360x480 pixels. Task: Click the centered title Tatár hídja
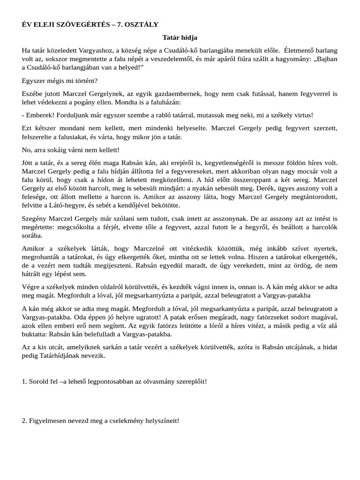click(x=180, y=37)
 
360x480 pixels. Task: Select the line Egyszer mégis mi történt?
click(x=60, y=80)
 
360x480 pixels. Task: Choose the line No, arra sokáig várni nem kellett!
click(x=71, y=150)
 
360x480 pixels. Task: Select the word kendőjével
click(x=137, y=205)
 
